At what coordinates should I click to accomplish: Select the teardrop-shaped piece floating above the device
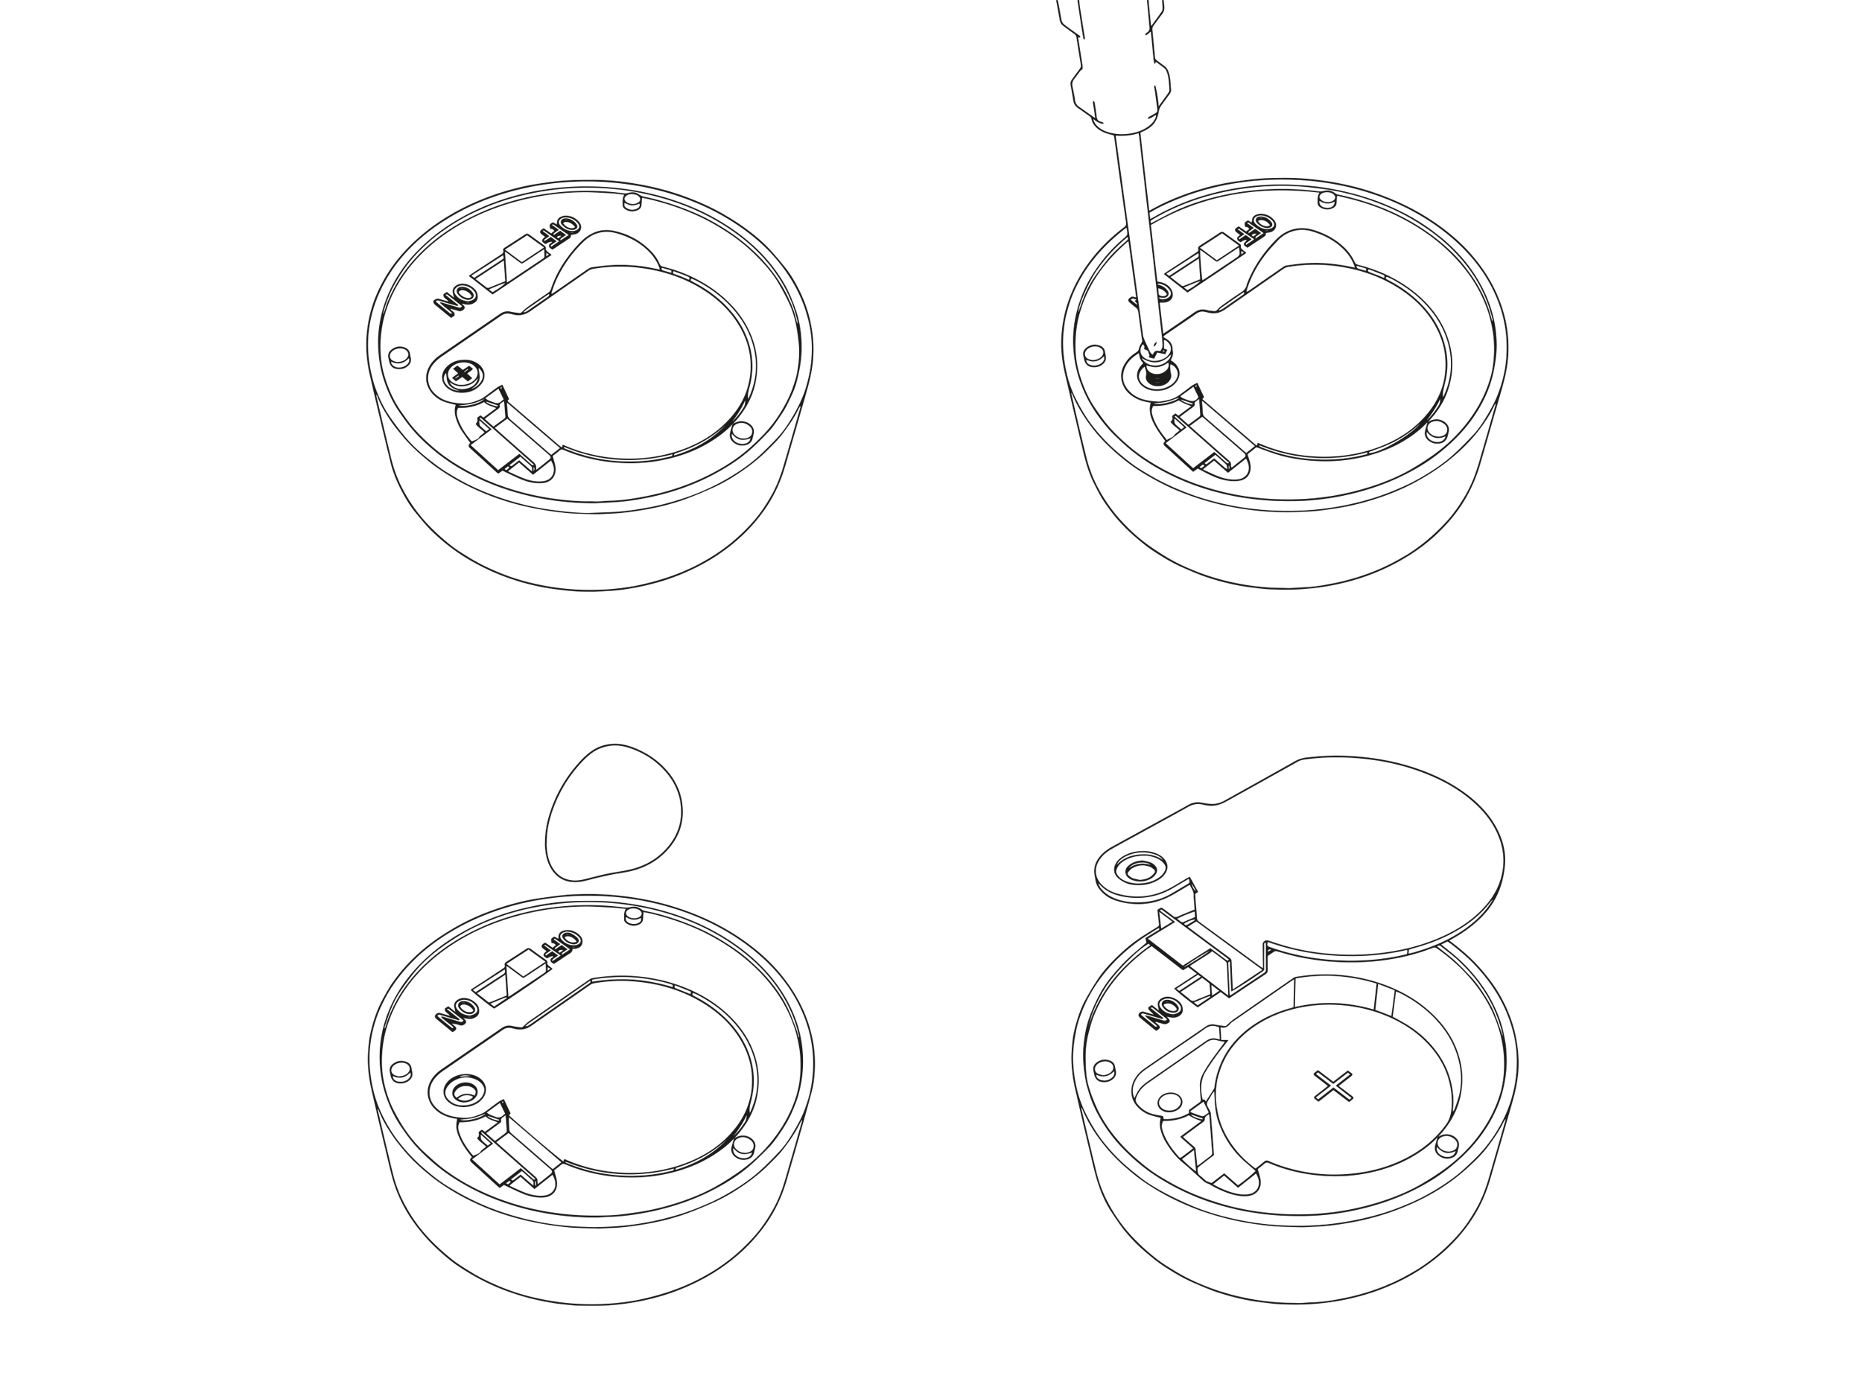pyautogui.click(x=614, y=812)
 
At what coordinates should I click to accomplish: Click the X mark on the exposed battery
pyautogui.click(x=1332, y=1086)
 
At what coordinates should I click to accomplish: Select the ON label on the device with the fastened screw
pyautogui.click(x=455, y=299)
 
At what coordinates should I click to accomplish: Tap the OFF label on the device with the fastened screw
pyautogui.click(x=561, y=231)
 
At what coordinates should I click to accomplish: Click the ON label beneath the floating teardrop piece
pyautogui.click(x=457, y=1013)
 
